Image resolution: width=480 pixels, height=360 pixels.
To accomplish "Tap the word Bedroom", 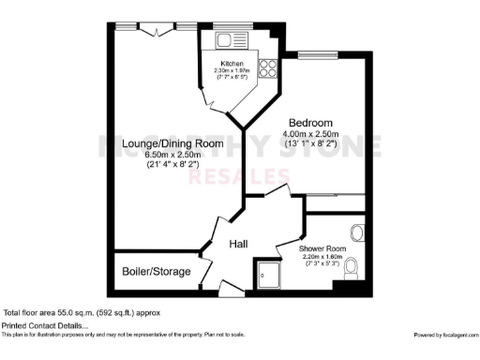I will tap(310, 124).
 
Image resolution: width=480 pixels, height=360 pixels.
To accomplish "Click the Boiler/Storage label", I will tap(156, 272).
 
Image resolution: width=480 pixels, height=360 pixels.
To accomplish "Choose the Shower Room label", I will tap(322, 248).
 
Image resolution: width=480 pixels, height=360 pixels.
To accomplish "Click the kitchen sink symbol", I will tap(225, 40).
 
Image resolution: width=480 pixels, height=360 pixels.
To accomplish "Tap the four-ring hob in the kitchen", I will tap(266, 67).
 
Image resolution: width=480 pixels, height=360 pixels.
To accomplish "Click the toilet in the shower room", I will tap(351, 269).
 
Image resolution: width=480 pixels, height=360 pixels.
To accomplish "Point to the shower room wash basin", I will tap(356, 232).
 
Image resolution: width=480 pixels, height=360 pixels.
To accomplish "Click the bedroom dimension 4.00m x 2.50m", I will tap(310, 137).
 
